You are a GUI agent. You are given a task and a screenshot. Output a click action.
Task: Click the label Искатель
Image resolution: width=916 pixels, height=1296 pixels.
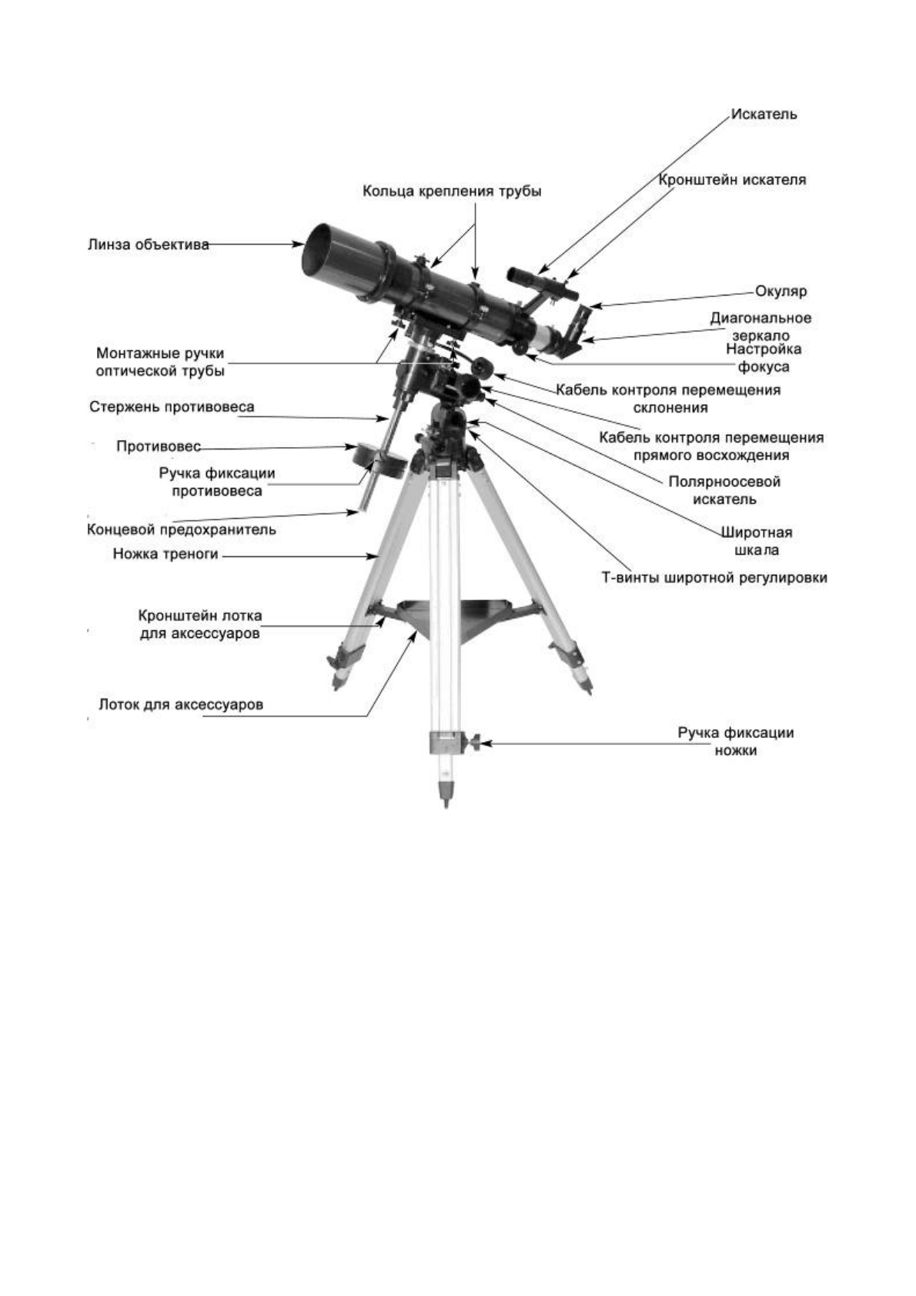tap(764, 115)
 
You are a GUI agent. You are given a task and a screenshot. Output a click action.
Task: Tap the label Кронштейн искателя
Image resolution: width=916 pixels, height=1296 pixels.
tap(732, 180)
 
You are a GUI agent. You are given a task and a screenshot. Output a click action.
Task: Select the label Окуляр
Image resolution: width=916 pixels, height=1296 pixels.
tap(781, 292)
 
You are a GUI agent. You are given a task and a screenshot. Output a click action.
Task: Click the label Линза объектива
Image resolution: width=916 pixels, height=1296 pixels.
tap(148, 245)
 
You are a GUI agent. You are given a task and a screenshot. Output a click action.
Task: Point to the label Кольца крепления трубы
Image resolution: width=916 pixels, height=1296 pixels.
tap(452, 191)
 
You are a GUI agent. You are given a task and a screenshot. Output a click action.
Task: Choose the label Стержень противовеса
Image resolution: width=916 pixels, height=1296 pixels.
tap(172, 406)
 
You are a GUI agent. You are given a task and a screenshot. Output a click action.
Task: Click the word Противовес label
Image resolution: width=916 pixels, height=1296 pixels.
tap(159, 446)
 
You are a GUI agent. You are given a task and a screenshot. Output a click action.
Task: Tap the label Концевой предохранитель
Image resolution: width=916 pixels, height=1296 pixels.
tap(181, 529)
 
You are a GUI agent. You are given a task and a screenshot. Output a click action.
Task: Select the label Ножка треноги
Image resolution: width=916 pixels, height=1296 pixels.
tap(165, 553)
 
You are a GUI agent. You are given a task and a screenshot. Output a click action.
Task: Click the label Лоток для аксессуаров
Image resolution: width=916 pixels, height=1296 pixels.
tap(181, 704)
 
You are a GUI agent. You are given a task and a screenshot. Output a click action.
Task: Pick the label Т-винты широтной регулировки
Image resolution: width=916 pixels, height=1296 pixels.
tap(714, 577)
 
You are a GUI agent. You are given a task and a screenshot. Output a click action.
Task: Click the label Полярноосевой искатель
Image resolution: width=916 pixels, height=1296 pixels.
tap(724, 490)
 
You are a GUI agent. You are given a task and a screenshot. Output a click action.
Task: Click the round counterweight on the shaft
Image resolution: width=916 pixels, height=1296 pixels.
tap(379, 459)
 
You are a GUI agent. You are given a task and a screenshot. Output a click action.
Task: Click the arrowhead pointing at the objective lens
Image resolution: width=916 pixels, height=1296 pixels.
tap(300, 245)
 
